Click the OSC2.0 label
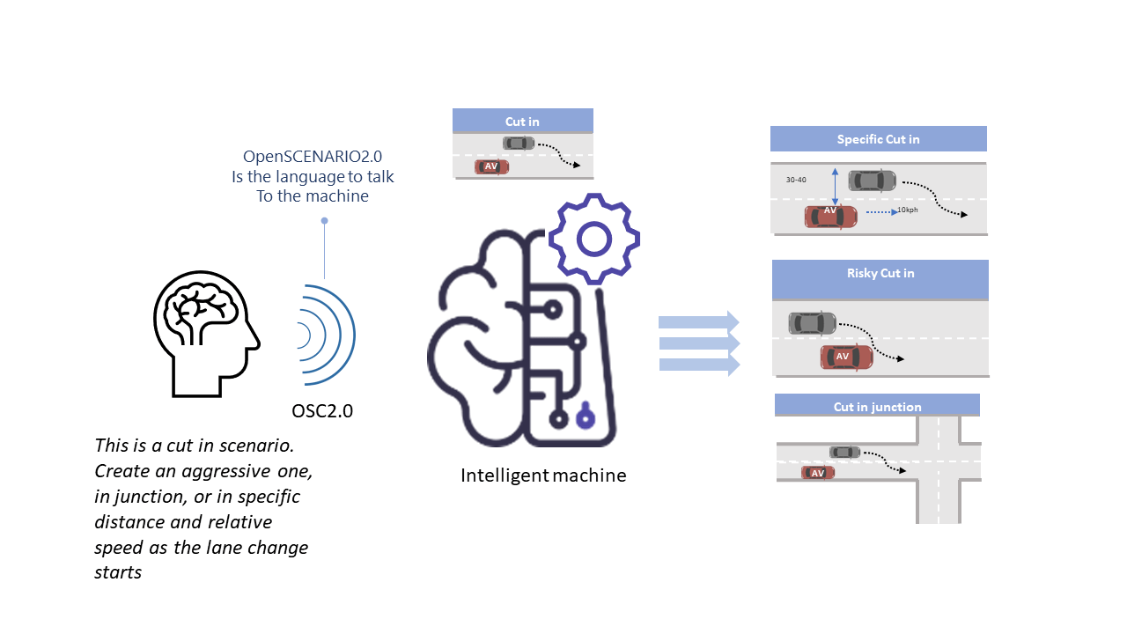click(322, 410)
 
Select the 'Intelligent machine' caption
click(543, 475)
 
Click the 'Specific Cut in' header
click(878, 139)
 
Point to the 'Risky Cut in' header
click(880, 274)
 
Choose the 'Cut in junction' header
click(877, 407)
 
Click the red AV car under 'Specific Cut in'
click(830, 216)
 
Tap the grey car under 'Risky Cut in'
click(812, 323)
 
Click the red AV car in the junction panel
click(818, 473)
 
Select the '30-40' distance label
click(796, 180)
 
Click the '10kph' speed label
click(908, 210)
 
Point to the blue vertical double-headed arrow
click(834, 187)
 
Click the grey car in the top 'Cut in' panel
click(519, 143)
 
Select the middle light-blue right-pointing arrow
click(699, 343)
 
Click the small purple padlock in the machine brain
click(583, 417)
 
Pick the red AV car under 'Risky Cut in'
click(846, 357)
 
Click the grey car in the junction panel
click(844, 452)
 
